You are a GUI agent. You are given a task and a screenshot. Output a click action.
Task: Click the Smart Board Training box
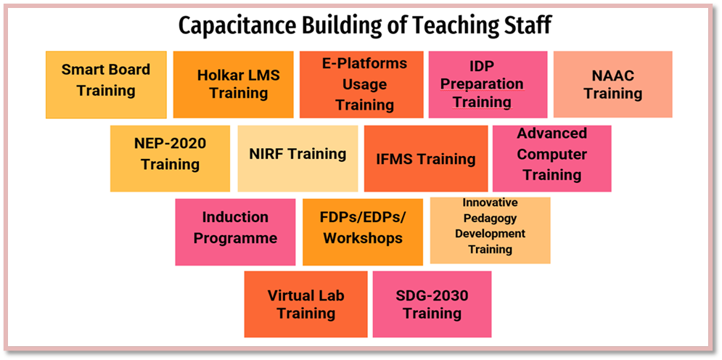[107, 85]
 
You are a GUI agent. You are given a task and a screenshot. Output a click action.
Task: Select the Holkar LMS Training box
[234, 85]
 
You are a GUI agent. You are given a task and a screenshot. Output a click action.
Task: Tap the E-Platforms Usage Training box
[361, 85]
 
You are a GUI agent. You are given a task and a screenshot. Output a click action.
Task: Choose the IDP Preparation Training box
[488, 85]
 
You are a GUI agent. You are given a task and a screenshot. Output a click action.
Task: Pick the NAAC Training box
[613, 84]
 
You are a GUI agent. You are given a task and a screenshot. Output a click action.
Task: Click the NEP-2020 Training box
[170, 158]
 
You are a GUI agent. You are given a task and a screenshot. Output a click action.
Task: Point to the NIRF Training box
[298, 158]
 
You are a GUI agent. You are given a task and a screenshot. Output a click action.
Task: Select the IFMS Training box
[426, 158]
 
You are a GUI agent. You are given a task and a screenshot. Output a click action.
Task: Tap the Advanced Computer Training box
[552, 158]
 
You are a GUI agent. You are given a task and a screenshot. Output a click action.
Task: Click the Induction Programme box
[235, 232]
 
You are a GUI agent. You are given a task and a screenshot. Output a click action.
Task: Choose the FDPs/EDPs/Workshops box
[363, 232]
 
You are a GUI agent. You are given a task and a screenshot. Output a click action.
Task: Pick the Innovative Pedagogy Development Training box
[491, 231]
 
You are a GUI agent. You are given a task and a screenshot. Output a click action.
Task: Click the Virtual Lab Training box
[305, 304]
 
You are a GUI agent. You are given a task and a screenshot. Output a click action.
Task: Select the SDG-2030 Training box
[432, 304]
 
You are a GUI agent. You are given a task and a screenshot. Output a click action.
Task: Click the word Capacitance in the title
[238, 26]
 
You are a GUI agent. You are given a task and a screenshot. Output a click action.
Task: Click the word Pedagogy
[490, 218]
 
